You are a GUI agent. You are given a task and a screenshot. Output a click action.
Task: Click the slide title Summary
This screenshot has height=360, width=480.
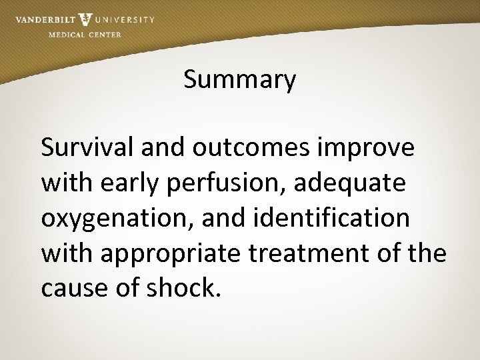240,80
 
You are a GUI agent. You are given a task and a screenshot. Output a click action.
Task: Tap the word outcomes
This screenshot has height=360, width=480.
251,149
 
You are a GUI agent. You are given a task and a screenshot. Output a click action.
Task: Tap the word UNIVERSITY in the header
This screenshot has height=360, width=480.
125,20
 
